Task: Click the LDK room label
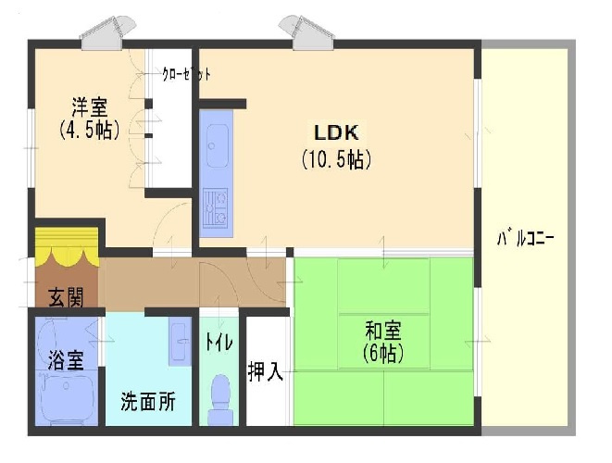point(335,131)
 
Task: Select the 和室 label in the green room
point(382,328)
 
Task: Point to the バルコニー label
point(526,238)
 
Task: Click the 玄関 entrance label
point(66,297)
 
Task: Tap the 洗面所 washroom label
point(147,403)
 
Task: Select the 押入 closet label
point(266,371)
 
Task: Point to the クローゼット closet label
point(186,75)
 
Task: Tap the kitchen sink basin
point(217,146)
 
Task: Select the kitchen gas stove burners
point(216,208)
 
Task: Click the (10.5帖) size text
point(336,159)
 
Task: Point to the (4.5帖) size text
point(89,131)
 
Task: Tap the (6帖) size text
point(382,354)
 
